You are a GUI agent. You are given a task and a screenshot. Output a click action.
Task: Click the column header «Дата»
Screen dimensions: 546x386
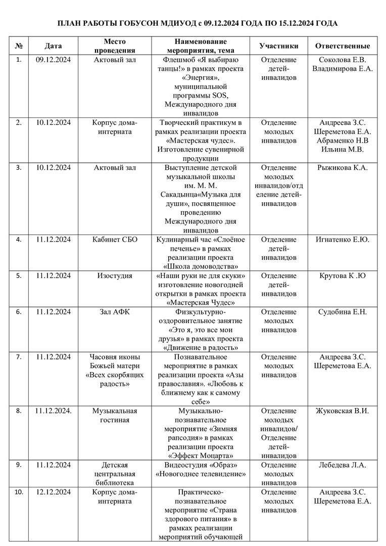tap(53, 46)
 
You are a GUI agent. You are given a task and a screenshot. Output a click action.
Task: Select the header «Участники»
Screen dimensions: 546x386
tap(279, 46)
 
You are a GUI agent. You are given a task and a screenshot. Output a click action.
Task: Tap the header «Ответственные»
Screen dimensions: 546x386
tap(342, 46)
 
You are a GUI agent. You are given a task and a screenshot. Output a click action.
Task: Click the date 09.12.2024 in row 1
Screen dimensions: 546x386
tap(53, 60)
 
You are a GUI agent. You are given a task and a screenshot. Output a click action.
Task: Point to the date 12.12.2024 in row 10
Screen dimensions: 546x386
tap(53, 492)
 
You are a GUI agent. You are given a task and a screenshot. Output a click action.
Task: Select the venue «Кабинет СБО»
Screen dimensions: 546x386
tap(115, 239)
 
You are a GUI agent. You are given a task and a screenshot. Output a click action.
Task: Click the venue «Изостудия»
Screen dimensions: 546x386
tap(115, 276)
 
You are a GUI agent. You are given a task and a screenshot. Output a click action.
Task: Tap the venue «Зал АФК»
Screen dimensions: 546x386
tap(115, 311)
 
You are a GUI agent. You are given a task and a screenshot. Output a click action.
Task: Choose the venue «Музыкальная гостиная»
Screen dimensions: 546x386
tap(115, 415)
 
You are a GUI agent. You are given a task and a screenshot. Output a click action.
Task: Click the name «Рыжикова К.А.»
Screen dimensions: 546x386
tap(342, 167)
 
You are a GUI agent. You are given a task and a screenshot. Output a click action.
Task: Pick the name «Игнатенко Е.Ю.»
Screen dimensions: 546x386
tap(342, 239)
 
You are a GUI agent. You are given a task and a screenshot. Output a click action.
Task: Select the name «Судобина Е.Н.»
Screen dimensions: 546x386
tap(342, 311)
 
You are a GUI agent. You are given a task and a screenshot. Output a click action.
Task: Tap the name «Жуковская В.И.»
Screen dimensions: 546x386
tap(342, 411)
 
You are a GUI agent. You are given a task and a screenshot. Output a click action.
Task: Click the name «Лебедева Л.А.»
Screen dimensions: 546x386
tap(342, 465)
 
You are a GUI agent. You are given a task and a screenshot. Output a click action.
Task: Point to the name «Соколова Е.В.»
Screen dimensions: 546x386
tap(342, 60)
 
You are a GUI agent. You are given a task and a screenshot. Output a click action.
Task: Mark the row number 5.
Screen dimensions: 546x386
tap(19, 276)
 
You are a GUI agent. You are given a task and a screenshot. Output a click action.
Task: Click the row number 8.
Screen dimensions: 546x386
tap(19, 411)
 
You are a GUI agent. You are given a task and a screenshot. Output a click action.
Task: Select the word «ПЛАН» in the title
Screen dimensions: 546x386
tap(70, 23)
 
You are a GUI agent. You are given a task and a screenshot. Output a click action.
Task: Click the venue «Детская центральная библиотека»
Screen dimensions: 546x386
tap(115, 474)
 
